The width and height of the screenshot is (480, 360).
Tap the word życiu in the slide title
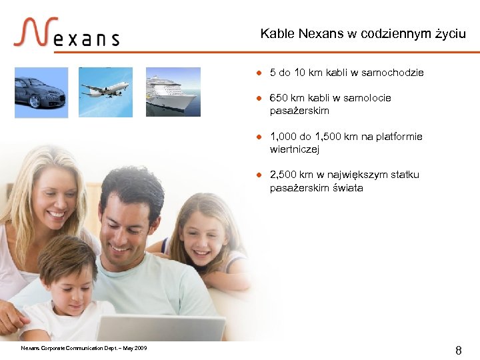tap(451, 33)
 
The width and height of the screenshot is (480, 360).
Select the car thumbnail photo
tap(41, 93)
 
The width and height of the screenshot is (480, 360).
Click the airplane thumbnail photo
tap(105, 91)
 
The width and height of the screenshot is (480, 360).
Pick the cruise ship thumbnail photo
tap(173, 92)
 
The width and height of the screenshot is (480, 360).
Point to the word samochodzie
tap(392, 72)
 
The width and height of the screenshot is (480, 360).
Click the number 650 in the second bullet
tap(279, 98)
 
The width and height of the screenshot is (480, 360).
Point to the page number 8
tap(458, 349)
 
